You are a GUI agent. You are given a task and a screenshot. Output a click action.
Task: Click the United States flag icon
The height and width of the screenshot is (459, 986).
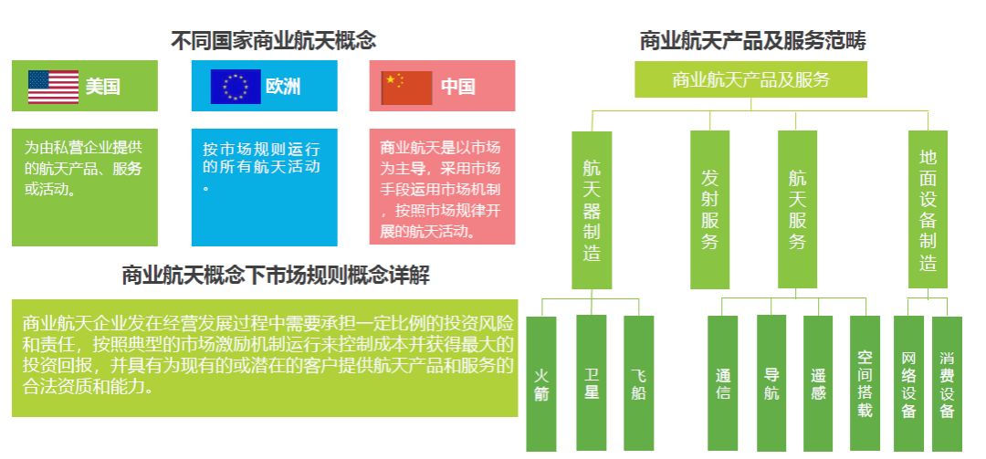[54, 87]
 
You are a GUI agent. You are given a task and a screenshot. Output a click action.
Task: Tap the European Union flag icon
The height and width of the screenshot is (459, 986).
[236, 86]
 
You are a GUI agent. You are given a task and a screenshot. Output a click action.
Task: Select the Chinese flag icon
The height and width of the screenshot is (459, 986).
[407, 88]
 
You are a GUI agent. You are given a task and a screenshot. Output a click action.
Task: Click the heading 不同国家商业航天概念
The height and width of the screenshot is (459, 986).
[274, 41]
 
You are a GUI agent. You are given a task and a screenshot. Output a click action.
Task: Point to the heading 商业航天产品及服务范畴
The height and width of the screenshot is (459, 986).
[752, 41]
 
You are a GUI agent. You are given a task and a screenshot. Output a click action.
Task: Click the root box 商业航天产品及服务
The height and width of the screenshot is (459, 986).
[750, 79]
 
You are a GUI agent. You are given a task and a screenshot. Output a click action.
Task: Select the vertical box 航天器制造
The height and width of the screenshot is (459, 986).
[592, 210]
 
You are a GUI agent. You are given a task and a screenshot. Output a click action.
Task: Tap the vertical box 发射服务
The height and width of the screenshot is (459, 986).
[710, 210]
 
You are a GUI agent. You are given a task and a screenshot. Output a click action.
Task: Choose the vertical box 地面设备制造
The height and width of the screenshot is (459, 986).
[928, 209]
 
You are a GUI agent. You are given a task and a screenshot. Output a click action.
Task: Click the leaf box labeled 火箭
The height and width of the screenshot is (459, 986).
[541, 383]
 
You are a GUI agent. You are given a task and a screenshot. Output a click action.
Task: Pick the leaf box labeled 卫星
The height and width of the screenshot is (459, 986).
[591, 383]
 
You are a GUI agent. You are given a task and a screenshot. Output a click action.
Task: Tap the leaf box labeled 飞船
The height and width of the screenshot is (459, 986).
[639, 383]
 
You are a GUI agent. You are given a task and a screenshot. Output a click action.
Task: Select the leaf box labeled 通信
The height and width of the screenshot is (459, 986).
[722, 383]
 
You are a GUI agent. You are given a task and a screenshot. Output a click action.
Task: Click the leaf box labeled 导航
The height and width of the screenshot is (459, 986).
[771, 383]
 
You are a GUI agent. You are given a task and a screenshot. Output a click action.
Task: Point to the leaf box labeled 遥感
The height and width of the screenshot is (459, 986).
[818, 383]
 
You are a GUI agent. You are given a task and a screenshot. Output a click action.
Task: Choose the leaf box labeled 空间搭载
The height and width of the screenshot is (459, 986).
[865, 383]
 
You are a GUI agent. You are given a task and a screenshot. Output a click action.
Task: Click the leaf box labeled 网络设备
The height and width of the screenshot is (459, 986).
[908, 383]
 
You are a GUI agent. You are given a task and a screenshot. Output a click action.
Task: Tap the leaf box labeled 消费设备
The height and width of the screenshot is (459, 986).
[947, 383]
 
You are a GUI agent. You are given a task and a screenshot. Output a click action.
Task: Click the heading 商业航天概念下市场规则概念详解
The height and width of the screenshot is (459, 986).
[276, 276]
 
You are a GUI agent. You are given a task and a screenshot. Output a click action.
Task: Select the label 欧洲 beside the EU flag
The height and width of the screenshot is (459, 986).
[283, 86]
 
